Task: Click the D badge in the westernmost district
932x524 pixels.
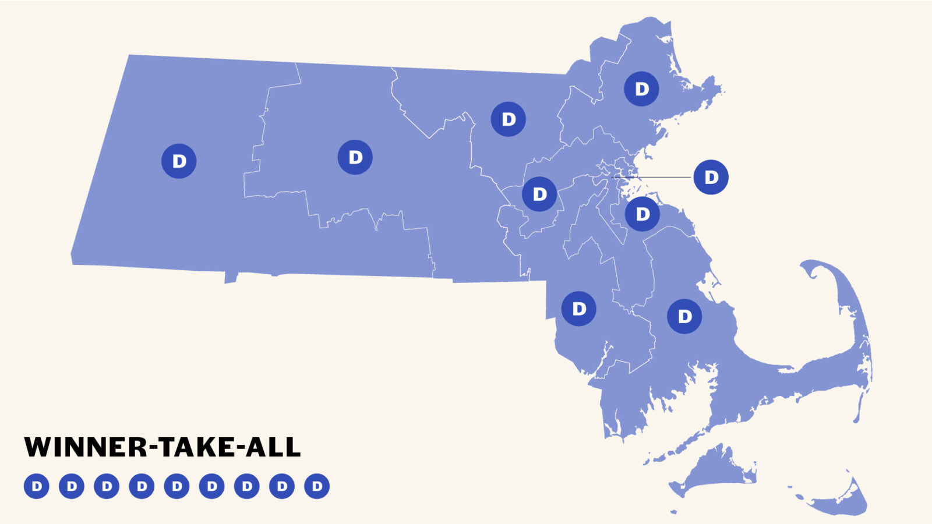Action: tap(179, 161)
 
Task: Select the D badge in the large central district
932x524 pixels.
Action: tap(355, 157)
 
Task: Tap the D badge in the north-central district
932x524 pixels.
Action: tap(509, 119)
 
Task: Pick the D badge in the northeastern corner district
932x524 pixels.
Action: tap(641, 88)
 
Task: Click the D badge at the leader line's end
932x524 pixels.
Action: tap(711, 177)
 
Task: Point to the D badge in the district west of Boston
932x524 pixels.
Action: tap(539, 194)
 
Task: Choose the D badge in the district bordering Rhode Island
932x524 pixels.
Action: tap(578, 309)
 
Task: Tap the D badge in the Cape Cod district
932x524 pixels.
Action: tap(684, 316)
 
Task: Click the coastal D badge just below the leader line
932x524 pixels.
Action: tap(642, 214)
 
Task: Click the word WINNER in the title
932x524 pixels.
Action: tap(86, 447)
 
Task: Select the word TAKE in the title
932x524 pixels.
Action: tap(196, 447)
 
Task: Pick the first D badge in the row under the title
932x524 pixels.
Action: tap(37, 486)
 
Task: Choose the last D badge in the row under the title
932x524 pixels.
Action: tap(317, 486)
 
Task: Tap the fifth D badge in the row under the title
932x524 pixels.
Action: tap(177, 486)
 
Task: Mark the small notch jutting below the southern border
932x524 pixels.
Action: tap(231, 278)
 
